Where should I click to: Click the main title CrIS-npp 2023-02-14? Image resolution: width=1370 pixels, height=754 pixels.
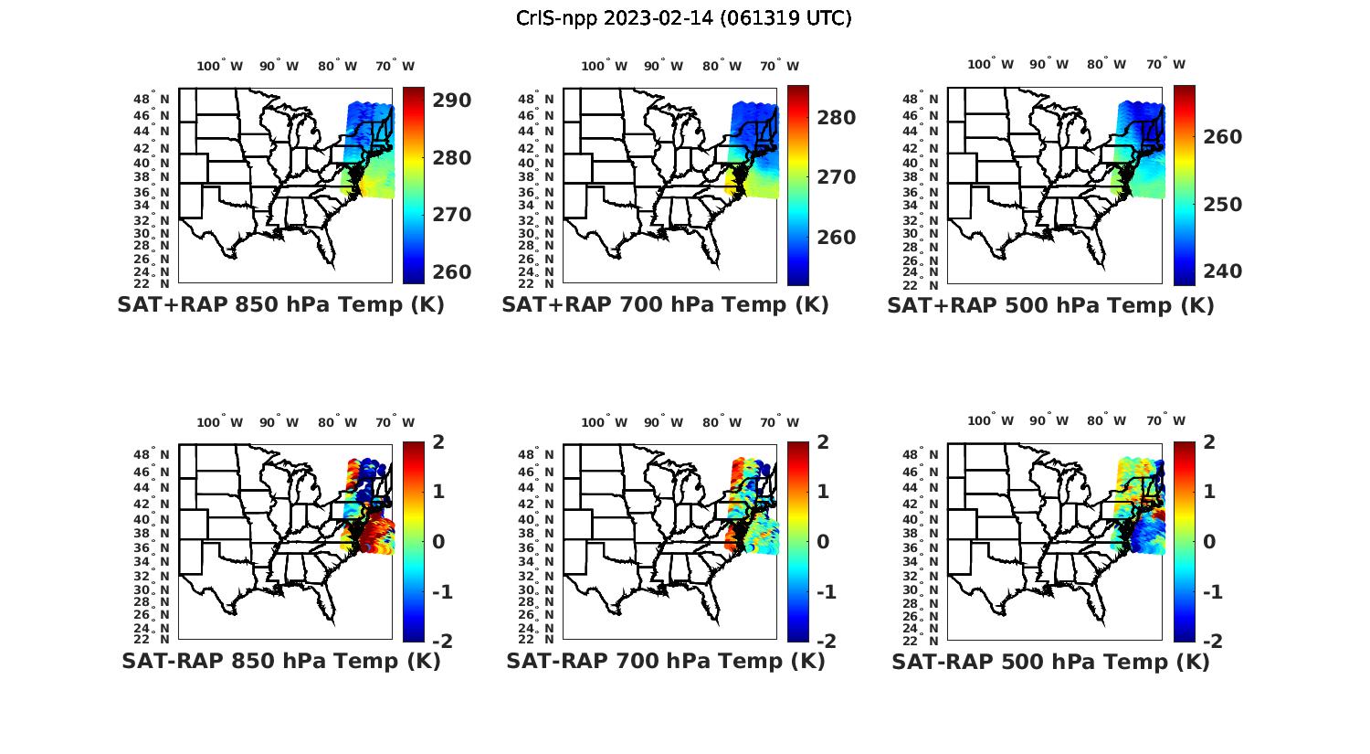click(x=683, y=18)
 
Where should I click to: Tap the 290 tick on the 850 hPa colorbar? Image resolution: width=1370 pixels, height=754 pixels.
click(x=452, y=100)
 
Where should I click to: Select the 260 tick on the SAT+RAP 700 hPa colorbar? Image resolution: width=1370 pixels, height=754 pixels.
click(x=837, y=238)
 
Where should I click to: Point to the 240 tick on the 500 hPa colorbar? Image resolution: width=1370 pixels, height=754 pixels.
click(x=1223, y=271)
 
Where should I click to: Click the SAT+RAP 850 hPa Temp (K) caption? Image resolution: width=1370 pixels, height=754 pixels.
click(x=280, y=305)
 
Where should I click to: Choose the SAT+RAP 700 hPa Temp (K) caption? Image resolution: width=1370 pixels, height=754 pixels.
click(x=665, y=305)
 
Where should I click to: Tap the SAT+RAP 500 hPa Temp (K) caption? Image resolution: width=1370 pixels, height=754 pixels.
click(x=1050, y=305)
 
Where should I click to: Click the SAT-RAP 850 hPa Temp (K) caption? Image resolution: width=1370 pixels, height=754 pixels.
click(x=280, y=661)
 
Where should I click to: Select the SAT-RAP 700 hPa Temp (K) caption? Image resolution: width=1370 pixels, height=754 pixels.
click(x=665, y=661)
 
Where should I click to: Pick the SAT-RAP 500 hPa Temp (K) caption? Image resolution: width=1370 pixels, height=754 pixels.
click(x=1050, y=661)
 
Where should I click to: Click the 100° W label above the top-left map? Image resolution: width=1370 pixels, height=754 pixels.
click(x=219, y=66)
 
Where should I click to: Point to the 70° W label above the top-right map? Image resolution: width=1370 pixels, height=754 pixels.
click(x=1165, y=64)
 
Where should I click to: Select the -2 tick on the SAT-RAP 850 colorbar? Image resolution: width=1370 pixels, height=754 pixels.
click(x=441, y=641)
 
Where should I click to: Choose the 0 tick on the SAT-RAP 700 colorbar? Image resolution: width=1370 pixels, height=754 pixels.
click(x=823, y=541)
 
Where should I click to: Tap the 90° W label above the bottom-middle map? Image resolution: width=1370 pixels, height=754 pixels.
click(x=663, y=422)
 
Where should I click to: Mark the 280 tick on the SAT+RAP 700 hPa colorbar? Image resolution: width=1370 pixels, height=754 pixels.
click(x=837, y=118)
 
